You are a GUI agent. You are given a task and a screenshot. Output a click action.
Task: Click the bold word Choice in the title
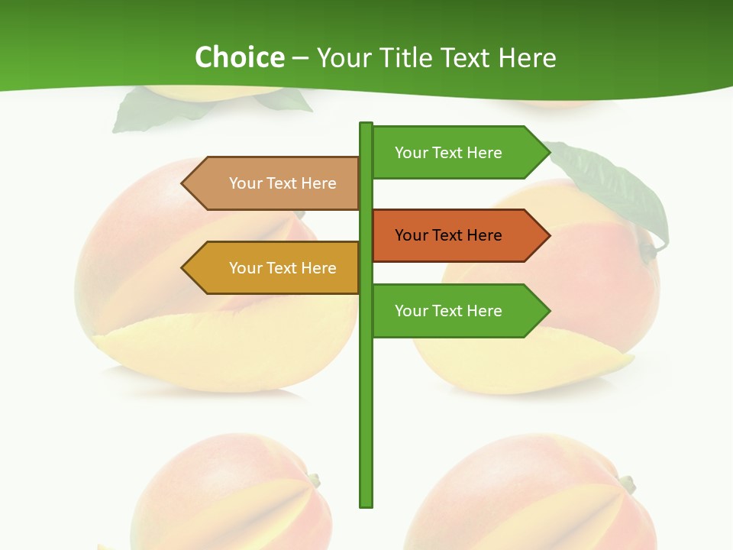[x=239, y=57]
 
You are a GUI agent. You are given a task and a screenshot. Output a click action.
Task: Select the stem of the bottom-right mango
[x=627, y=484]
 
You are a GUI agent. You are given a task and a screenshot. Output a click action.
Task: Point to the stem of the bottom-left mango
[x=313, y=480]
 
